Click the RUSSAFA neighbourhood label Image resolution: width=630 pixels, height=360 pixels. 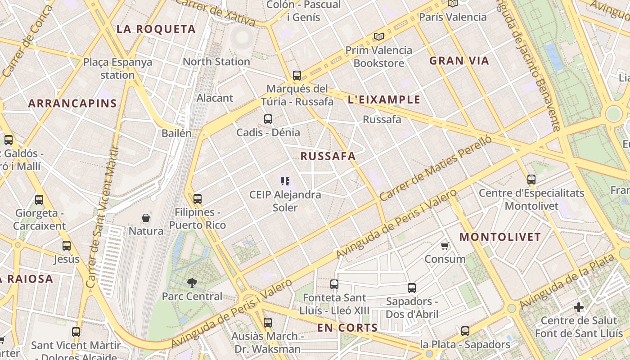click(x=328, y=156)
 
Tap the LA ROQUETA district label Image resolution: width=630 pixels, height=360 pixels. click(x=156, y=29)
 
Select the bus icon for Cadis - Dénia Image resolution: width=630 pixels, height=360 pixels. click(x=268, y=119)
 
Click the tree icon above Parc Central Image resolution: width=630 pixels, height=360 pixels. click(x=192, y=283)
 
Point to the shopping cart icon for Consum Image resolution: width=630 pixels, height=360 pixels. click(x=445, y=246)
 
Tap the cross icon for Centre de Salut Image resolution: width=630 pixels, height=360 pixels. click(x=579, y=308)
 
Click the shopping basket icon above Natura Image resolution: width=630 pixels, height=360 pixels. click(x=146, y=218)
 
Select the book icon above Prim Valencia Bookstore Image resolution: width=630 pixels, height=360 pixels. click(x=379, y=36)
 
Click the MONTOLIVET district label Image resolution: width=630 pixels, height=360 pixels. click(x=500, y=237)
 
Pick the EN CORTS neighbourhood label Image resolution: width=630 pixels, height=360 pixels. click(x=347, y=328)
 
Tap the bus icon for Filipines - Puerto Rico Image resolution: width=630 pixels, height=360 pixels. click(x=198, y=198)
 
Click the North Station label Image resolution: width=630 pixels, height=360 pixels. click(x=216, y=62)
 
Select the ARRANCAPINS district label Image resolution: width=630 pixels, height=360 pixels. click(x=72, y=103)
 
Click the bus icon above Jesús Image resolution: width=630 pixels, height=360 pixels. click(x=67, y=246)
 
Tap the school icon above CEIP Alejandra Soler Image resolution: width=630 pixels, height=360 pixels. click(x=285, y=181)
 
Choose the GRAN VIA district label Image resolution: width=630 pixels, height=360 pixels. click(x=459, y=61)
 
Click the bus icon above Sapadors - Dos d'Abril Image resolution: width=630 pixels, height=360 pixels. click(x=412, y=288)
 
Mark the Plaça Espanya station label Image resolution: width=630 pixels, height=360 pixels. click(x=117, y=68)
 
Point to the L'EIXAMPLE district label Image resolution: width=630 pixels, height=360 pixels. click(x=384, y=99)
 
